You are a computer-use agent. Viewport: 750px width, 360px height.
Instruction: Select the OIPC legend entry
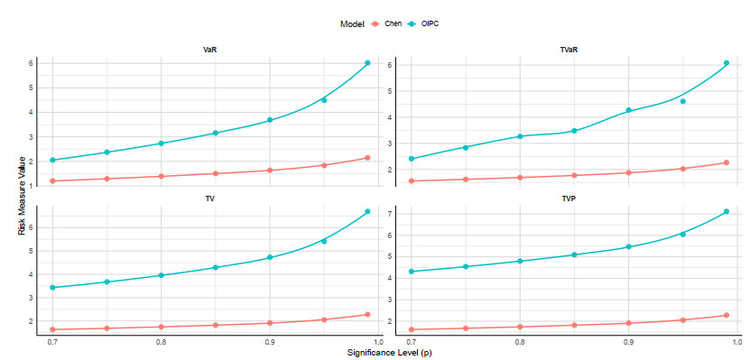(422, 23)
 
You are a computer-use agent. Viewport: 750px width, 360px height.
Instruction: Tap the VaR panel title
(208, 50)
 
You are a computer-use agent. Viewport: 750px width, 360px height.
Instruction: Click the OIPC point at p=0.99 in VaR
(367, 62)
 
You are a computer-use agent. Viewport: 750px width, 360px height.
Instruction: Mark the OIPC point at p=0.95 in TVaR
(682, 101)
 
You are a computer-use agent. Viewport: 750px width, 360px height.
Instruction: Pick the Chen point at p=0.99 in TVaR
(727, 162)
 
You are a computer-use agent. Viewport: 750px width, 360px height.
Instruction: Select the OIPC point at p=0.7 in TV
(52, 287)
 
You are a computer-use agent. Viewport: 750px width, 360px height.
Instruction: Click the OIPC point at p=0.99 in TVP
(727, 211)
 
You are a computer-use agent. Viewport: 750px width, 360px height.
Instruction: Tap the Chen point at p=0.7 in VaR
(52, 180)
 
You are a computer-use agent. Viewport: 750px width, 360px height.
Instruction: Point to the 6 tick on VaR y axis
(32, 63)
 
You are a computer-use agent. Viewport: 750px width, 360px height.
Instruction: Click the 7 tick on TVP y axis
(390, 214)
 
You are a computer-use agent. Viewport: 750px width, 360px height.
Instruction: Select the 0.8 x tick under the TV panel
(162, 342)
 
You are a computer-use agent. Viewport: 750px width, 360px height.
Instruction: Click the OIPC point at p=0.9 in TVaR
(628, 110)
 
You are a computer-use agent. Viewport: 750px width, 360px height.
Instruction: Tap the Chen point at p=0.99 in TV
(367, 315)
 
